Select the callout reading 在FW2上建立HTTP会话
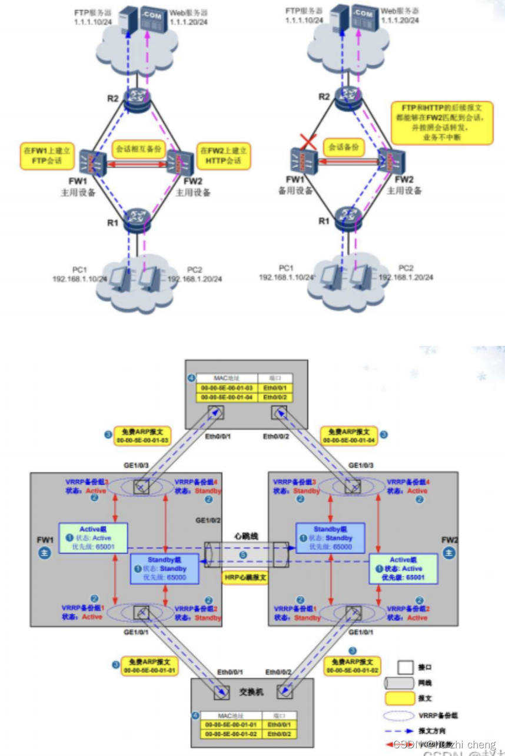pyautogui.click(x=224, y=155)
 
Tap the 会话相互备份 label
pyautogui.click(x=137, y=149)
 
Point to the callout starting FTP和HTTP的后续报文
pyautogui.click(x=441, y=122)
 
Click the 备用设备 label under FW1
pyautogui.click(x=294, y=191)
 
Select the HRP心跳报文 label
pyautogui.click(x=245, y=578)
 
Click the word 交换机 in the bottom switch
pyautogui.click(x=251, y=692)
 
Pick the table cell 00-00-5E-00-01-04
pyautogui.click(x=227, y=398)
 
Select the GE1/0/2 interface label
pyautogui.click(x=210, y=520)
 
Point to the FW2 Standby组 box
pyautogui.click(x=330, y=538)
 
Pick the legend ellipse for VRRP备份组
pyautogui.click(x=406, y=715)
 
